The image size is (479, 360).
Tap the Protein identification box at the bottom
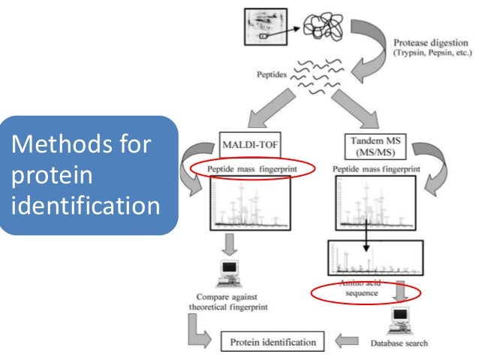click(x=273, y=343)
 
